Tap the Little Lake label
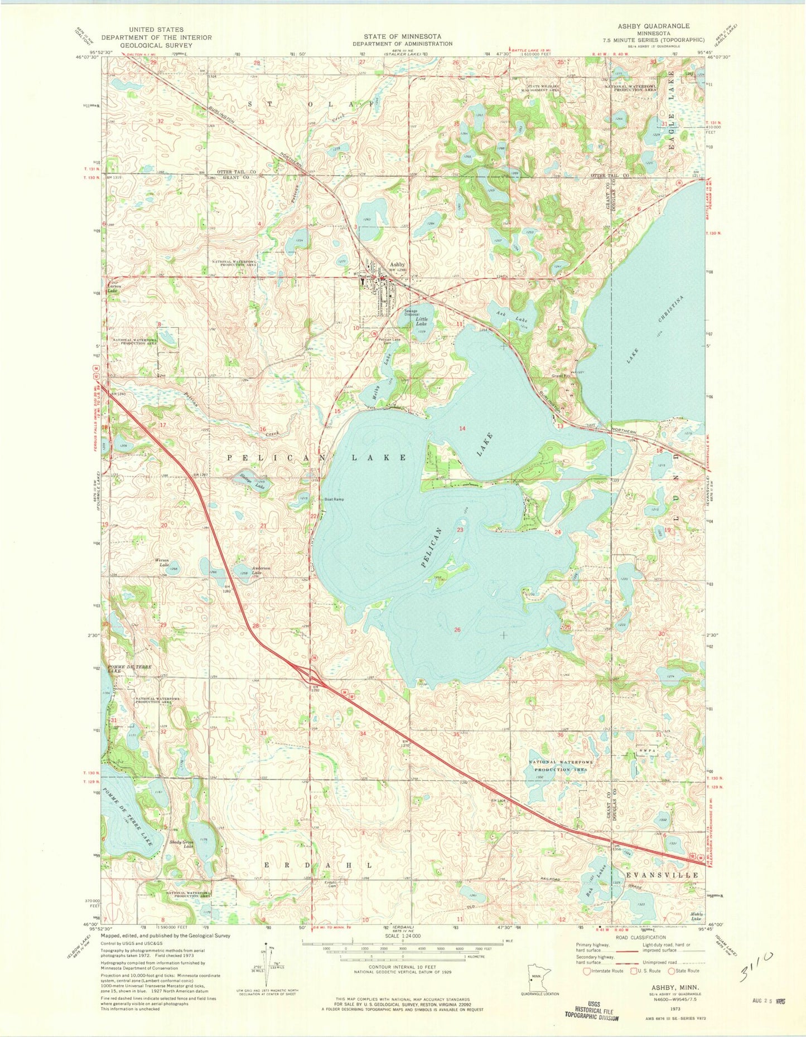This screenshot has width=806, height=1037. [422, 321]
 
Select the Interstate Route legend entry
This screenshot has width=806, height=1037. [602, 971]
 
